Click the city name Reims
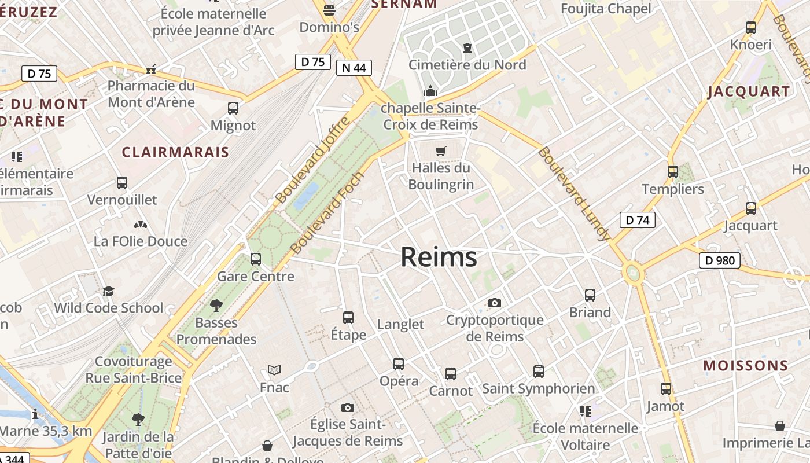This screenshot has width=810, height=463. coord(439,258)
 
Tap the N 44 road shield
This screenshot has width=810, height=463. coord(354,68)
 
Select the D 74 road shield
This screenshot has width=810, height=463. coord(637,220)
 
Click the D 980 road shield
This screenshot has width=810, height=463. coord(720,260)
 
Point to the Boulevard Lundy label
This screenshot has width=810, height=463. coord(574,194)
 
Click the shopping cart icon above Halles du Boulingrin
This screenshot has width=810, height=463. coord(441,152)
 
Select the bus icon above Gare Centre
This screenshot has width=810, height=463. coord(256,259)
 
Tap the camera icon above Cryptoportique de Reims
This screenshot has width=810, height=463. coord(494,303)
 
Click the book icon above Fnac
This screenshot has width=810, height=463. coord(274,370)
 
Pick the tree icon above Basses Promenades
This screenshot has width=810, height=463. coord(216,305)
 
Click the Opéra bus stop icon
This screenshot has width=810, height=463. coord(399,364)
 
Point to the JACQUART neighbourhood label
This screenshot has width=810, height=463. coord(749,91)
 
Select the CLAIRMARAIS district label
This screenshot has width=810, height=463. coord(175,152)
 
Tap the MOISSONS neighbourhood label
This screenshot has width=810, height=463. coord(745,366)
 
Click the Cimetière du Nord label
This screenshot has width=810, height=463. coord(467,65)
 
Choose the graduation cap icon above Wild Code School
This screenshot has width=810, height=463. coord(108,291)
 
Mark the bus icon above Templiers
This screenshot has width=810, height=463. coord(672,172)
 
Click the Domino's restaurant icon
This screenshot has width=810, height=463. coord(329,10)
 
